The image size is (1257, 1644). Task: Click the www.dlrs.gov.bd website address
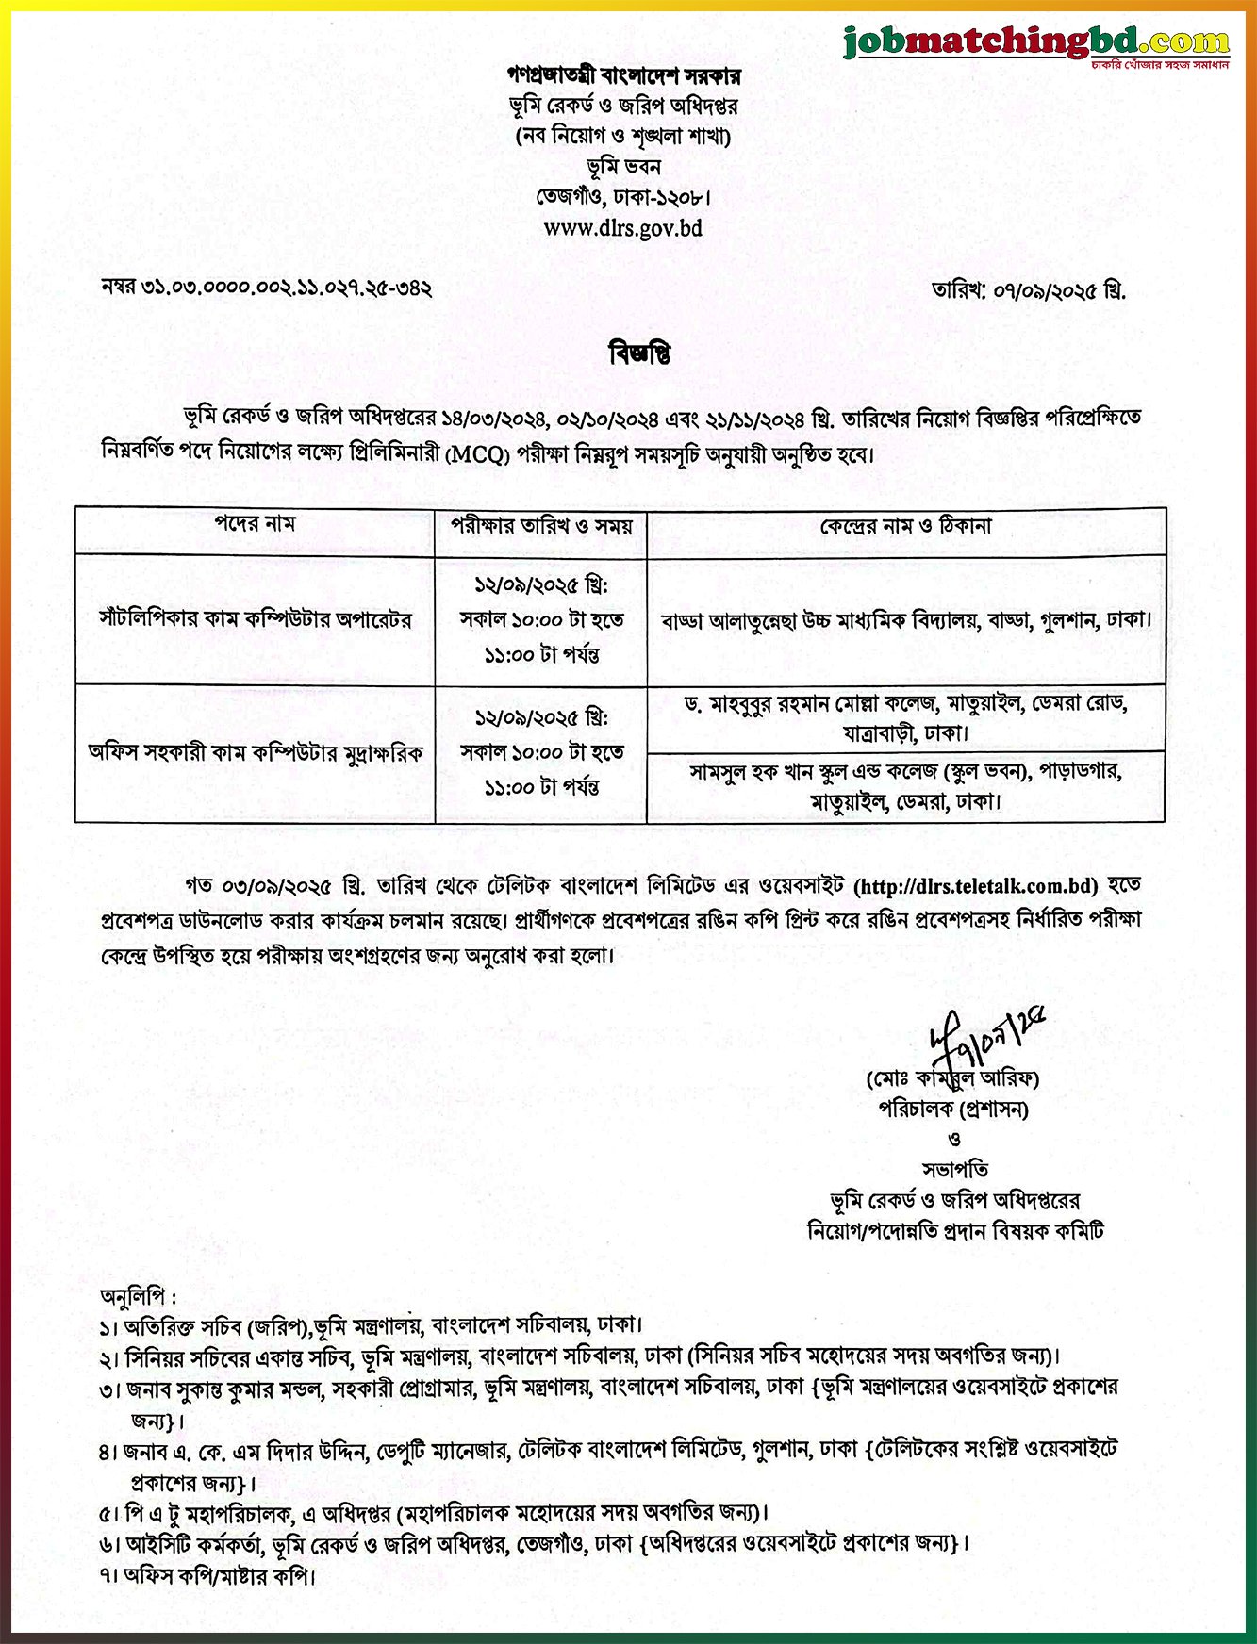622,228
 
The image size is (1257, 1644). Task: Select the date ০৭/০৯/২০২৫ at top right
1060,290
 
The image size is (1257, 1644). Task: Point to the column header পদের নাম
255,524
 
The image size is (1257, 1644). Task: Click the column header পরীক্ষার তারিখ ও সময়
541,526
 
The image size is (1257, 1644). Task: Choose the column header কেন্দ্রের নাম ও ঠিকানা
905,526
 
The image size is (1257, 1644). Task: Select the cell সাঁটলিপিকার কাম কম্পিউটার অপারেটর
256,619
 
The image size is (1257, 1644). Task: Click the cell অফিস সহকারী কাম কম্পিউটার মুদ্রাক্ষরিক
256,752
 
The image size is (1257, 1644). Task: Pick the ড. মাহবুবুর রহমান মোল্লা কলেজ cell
905,717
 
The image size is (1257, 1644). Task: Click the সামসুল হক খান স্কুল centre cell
905,786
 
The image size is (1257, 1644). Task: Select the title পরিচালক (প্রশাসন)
953,1109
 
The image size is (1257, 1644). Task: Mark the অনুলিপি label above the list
138,1297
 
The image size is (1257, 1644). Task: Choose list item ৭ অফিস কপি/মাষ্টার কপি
207,1575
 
